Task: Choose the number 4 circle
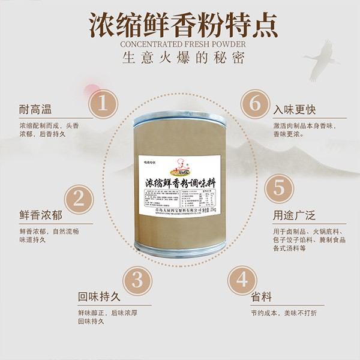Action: coord(242,280)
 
